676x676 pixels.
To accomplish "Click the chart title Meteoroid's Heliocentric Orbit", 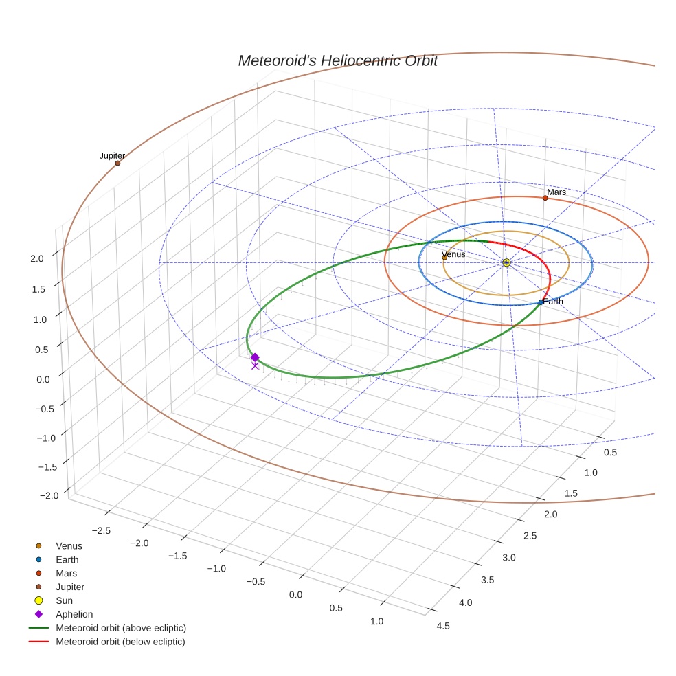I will point(337,61).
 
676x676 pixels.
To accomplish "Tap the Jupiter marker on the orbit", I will point(117,163).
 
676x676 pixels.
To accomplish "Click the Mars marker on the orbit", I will point(545,198).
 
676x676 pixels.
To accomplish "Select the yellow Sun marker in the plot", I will point(506,262).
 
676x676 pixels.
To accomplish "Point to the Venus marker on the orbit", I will point(444,258).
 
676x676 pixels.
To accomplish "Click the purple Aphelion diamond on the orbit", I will point(255,357).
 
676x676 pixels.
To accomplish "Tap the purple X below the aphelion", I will point(255,366).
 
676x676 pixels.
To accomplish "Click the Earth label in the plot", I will point(553,302).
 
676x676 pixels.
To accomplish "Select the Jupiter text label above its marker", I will point(112,156).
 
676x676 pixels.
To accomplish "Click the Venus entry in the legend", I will point(69,546).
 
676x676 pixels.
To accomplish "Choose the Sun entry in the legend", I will point(64,600).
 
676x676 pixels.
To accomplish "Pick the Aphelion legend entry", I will point(74,614).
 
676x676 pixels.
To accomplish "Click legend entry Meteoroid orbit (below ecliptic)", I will point(120,642).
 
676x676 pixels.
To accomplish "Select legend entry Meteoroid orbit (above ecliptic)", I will point(121,628).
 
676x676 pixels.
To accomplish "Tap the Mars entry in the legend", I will point(66,573).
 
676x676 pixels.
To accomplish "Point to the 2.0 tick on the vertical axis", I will point(37,258).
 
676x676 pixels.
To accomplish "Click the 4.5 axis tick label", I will point(443,625).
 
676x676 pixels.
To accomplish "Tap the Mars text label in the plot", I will point(556,192).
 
